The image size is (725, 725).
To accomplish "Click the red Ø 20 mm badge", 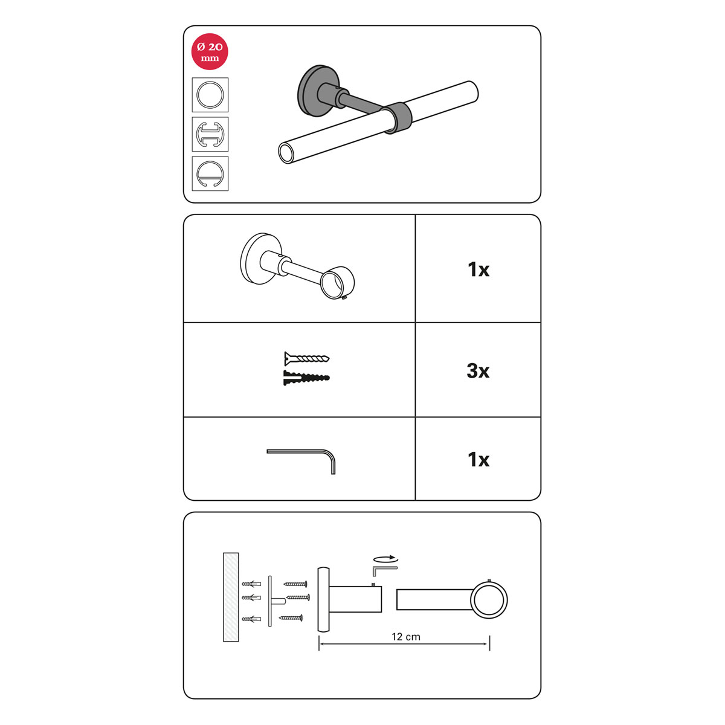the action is [210, 52].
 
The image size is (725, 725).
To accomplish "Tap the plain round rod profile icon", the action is [210, 94].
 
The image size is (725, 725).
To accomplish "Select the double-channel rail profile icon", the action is [210, 134].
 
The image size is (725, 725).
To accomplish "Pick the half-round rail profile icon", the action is [210, 173].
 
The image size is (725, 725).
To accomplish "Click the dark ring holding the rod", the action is [396, 117].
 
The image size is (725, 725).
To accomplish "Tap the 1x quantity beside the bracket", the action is [478, 269].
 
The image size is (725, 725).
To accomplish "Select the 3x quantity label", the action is [478, 371].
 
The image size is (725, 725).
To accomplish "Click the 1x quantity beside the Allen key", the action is [478, 460].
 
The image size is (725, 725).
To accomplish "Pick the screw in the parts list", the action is [307, 358].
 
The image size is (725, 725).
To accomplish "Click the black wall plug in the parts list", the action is [306, 378].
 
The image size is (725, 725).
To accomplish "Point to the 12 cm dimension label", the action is [406, 637].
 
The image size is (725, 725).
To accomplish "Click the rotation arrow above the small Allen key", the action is [385, 559].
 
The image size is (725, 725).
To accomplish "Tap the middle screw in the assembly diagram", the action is [298, 597].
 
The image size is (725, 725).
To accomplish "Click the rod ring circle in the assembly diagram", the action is [489, 600].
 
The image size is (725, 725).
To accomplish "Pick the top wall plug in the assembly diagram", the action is [251, 584].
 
